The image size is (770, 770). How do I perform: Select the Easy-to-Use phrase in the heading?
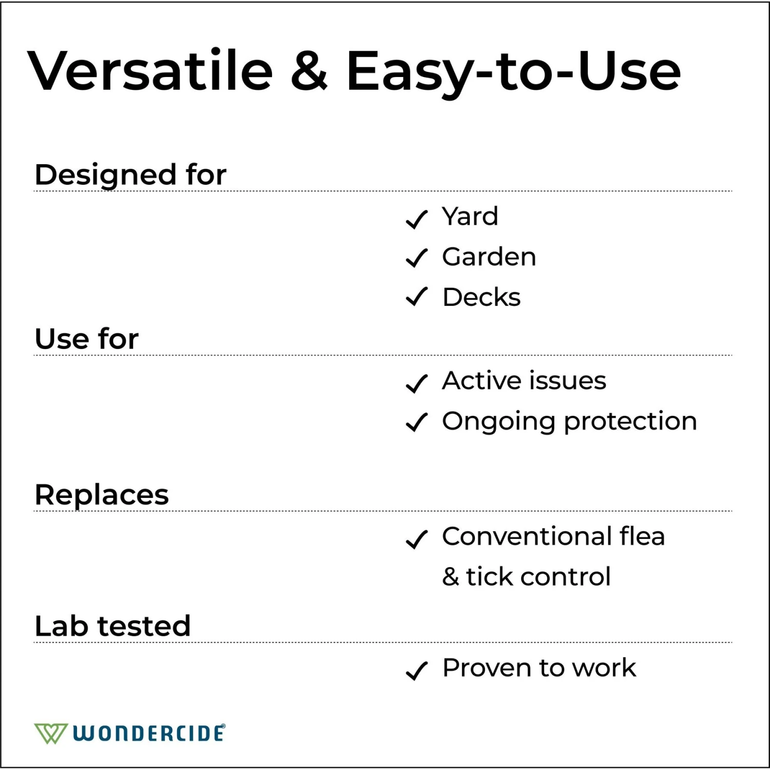pos(513,72)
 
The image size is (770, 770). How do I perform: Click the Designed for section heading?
pos(130,175)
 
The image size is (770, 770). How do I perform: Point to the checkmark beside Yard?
pos(416,219)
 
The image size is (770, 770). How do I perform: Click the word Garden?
pos(489,257)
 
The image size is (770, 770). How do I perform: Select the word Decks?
pos(481,297)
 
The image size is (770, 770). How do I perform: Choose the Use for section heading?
pos(86,339)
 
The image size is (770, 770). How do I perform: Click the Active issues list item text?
pos(524,381)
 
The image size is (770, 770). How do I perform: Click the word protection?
pos(630,422)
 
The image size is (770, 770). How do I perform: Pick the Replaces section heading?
pos(102,495)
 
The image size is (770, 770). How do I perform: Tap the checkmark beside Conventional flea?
pos(416,539)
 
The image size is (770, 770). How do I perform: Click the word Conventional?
pos(527,536)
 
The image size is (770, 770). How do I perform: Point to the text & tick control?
pos(526,576)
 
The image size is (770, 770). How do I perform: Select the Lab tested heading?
pos(112,626)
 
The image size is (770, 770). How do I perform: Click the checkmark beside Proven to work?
pos(416,670)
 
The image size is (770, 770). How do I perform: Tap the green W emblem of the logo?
pos(50,733)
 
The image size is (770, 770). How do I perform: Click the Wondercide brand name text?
pos(149,733)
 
